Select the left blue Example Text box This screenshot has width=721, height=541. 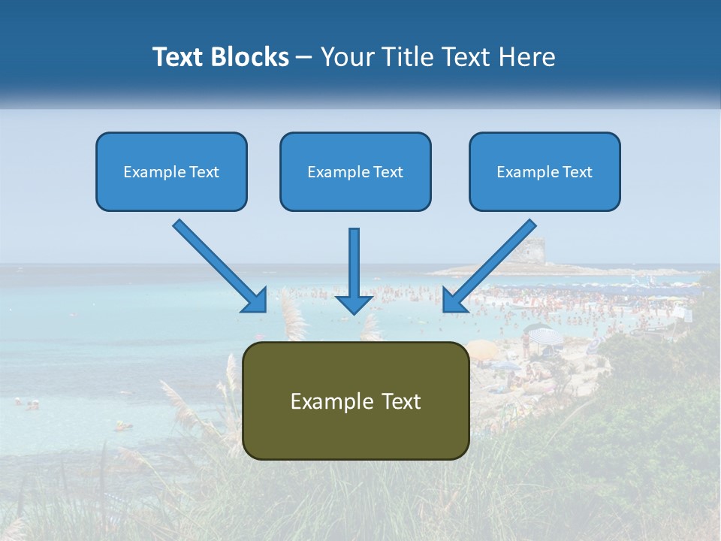[x=171, y=171]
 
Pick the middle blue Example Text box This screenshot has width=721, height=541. [x=355, y=171]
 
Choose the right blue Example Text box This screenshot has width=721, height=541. [x=545, y=171]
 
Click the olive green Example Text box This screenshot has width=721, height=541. [x=356, y=400]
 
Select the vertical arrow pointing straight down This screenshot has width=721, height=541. [x=354, y=263]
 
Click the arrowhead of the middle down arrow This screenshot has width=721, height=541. [x=354, y=304]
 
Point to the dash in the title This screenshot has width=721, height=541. [x=304, y=57]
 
